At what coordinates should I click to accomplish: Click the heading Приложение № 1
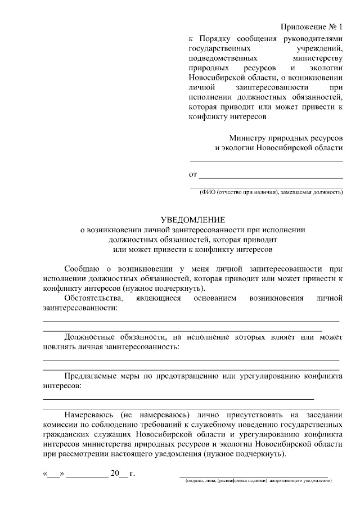pos(312,27)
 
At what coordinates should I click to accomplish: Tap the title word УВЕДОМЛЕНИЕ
pos(193,219)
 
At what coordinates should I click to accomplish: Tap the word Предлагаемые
pos(93,377)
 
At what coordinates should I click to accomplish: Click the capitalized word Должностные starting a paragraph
pos(91,337)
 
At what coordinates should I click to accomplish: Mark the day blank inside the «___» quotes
pos(53,473)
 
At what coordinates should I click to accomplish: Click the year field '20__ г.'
pos(123,473)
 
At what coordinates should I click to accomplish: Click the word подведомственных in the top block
pos(224,58)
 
